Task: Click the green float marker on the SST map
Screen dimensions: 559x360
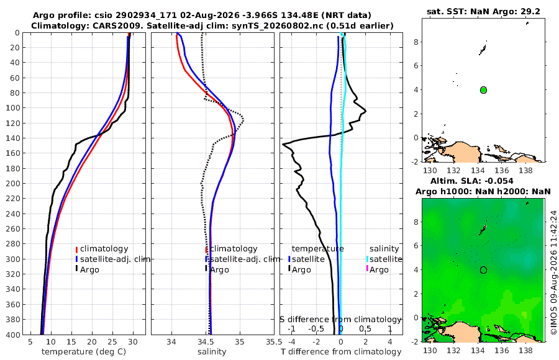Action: tap(483, 90)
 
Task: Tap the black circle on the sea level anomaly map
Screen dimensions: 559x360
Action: tap(483, 270)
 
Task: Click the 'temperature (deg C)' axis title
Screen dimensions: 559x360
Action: tap(84, 352)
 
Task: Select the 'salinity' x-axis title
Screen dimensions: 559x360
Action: tap(212, 352)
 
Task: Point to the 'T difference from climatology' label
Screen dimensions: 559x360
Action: tap(341, 352)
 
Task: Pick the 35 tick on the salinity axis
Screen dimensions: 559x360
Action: tap(240, 341)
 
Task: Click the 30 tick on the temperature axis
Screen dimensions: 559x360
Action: tap(133, 341)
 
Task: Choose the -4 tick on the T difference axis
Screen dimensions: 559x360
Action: tap(292, 341)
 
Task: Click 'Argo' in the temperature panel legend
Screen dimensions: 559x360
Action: tap(89, 270)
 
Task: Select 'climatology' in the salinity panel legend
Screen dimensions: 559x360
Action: tap(234, 249)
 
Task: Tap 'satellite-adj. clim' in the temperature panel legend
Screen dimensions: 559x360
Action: tap(115, 259)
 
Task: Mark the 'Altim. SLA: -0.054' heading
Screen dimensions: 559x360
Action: tap(472, 181)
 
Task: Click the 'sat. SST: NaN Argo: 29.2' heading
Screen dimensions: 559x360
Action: tap(483, 11)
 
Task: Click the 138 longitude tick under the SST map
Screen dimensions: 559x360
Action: tap(525, 170)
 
